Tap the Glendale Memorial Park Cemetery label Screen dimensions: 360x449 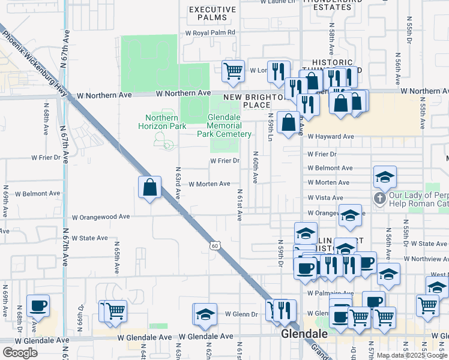(224, 125)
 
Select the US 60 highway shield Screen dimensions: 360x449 (215, 245)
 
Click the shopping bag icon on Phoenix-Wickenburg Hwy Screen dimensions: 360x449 (149, 187)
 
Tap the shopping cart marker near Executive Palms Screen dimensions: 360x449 (233, 70)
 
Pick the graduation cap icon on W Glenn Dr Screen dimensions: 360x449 (205, 314)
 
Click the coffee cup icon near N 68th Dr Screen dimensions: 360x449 (39, 306)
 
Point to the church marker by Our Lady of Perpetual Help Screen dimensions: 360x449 (379, 198)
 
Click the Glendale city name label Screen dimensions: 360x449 (304, 334)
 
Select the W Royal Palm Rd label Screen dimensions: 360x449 (209, 32)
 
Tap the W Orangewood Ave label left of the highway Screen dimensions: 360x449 (101, 217)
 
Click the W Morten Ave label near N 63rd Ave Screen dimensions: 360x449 (209, 184)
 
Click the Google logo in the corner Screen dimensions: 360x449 (19, 353)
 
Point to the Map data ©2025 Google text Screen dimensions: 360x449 (412, 355)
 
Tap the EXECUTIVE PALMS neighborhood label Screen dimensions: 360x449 (212, 14)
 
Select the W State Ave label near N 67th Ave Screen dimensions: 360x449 (89, 238)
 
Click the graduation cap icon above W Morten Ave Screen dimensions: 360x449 (385, 176)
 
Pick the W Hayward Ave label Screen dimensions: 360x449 (331, 137)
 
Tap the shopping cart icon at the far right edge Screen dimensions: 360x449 (427, 305)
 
